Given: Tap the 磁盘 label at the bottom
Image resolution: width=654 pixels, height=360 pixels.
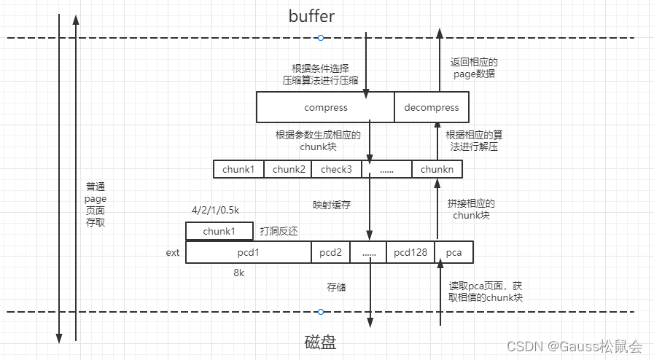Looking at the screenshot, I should coord(320,342).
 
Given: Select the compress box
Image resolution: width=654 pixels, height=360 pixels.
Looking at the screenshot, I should coord(325,107).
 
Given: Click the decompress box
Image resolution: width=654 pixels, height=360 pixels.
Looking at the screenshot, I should coord(432,107).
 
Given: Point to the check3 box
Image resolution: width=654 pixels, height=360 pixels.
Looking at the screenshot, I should coord(336,169).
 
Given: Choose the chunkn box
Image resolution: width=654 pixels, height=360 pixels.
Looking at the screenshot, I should coord(437,169).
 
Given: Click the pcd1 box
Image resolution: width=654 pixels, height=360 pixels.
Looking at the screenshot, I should coord(249,252).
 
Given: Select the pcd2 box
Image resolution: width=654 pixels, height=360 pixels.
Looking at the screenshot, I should coord(330,252).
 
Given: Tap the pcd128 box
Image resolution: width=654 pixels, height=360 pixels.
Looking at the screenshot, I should coord(410,252).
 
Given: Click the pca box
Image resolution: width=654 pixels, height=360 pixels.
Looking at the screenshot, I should coord(453,252).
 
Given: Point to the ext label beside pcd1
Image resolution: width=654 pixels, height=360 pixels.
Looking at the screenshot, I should coord(173,253).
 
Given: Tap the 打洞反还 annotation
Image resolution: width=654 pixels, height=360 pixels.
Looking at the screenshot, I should coord(279,231).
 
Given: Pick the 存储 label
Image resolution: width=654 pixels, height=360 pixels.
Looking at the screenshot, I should coord(335,287).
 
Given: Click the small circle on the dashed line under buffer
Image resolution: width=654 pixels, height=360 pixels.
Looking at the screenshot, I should coord(320,38).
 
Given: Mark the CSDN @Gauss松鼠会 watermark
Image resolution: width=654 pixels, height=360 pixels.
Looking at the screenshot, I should coord(575,347).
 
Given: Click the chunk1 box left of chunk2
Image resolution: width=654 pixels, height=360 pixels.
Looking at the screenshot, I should coord(238,169).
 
